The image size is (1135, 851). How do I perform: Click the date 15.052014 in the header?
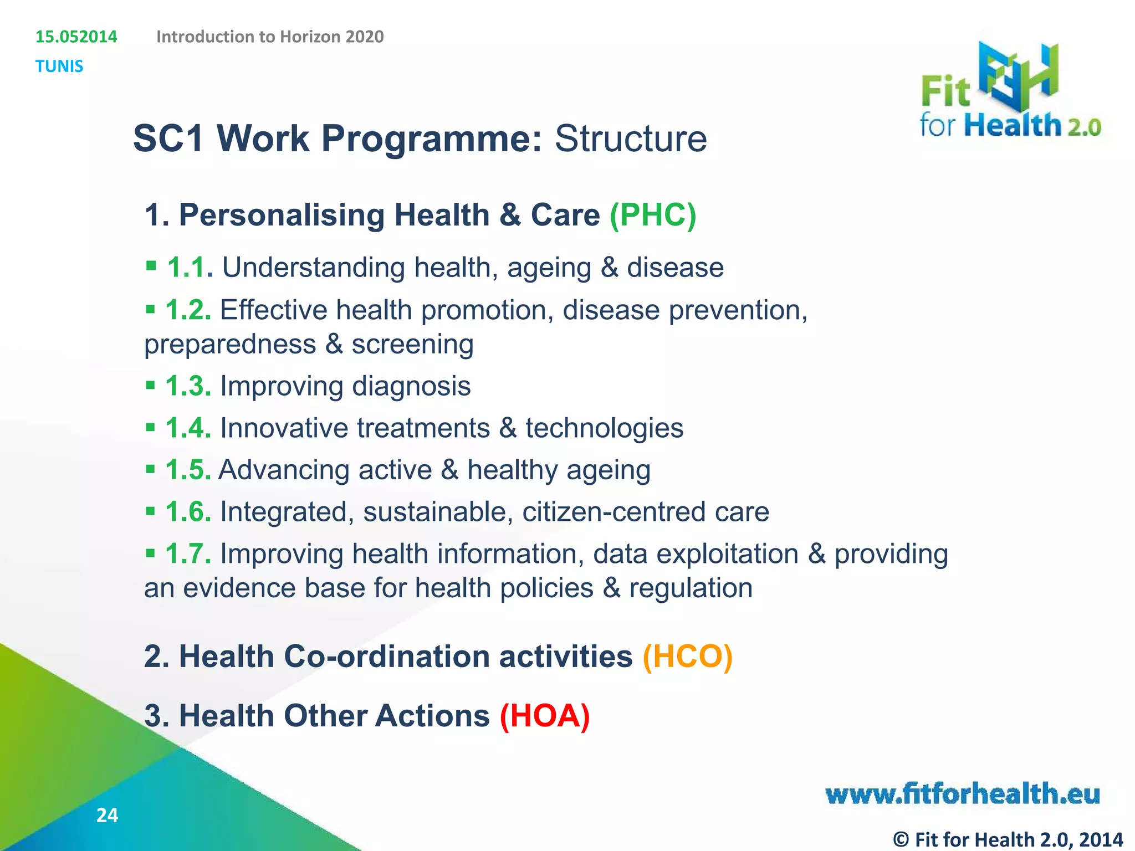point(76,37)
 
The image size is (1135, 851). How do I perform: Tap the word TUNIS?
point(59,66)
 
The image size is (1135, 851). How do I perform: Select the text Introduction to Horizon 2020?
point(270,37)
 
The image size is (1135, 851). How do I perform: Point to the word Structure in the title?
point(631,139)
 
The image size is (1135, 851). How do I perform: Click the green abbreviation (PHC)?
point(652,215)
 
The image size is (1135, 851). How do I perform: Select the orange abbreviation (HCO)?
point(687,657)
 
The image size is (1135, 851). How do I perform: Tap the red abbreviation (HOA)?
point(545,715)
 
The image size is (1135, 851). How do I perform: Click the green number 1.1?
point(190,268)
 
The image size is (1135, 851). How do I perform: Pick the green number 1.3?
point(188,386)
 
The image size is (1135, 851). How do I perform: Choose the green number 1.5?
point(188,470)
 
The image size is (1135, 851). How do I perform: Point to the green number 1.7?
point(188,554)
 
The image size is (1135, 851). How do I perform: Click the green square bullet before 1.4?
point(150,427)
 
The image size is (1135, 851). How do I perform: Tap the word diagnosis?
point(411,386)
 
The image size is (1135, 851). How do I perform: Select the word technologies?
point(604,428)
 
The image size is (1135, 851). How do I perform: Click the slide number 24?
point(107,816)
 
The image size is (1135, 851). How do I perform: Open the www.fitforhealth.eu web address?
point(963,794)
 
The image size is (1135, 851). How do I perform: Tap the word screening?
point(412,345)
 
